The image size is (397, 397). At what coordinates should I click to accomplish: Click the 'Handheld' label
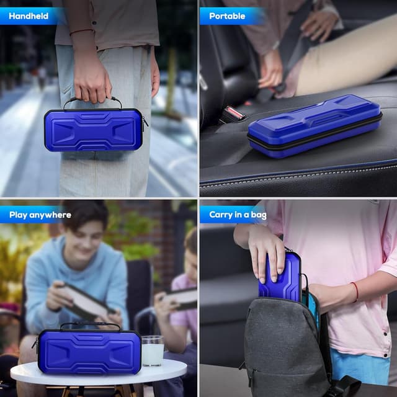[x=29, y=16]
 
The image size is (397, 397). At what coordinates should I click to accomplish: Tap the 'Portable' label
[x=227, y=16]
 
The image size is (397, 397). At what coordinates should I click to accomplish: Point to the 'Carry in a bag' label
[x=238, y=215]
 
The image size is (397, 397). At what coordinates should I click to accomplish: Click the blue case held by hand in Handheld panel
[x=94, y=131]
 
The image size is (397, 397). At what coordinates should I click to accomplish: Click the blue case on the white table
[x=89, y=352]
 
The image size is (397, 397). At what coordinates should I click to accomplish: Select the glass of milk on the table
[x=153, y=350]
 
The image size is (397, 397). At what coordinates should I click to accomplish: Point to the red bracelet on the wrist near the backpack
[x=355, y=291]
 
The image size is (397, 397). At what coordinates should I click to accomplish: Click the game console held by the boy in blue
[x=86, y=302]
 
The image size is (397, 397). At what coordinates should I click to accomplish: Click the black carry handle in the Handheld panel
[x=93, y=102]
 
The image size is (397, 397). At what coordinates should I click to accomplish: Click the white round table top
[x=99, y=375]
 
